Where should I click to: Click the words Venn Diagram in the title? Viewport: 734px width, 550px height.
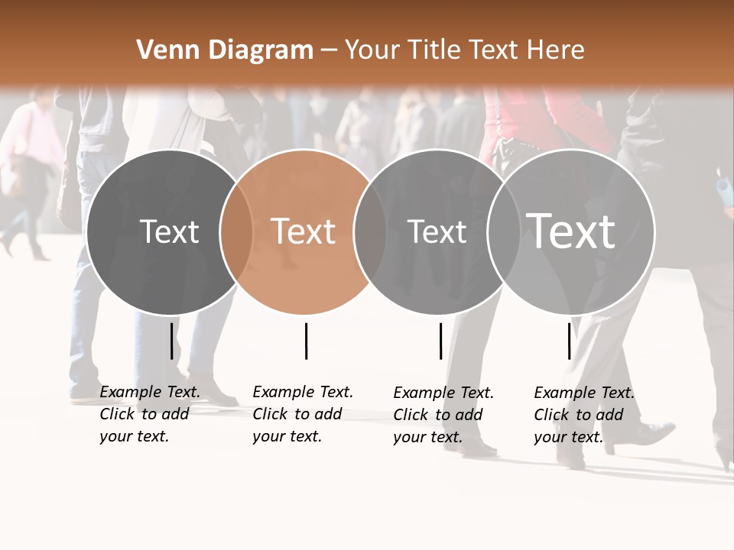(x=225, y=50)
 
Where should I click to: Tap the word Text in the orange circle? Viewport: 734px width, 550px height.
(x=304, y=231)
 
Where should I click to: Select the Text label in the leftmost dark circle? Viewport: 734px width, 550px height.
(x=170, y=231)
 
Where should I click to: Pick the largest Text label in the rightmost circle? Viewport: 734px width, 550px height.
(x=571, y=231)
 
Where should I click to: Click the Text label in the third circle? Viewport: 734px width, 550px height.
(x=437, y=231)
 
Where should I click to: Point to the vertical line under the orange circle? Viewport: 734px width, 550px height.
(x=306, y=341)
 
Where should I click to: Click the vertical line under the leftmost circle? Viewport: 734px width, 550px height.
(x=171, y=341)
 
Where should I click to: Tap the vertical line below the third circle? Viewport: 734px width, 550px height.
(x=440, y=341)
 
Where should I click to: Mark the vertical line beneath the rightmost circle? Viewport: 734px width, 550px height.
(x=569, y=341)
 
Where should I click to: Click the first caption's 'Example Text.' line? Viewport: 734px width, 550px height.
(x=150, y=392)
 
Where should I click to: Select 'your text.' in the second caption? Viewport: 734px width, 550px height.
(x=287, y=436)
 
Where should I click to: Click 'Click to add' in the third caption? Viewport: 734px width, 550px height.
(x=438, y=415)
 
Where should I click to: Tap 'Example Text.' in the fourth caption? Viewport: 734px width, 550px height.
(x=584, y=393)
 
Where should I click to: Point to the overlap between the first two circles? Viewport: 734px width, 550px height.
(x=236, y=231)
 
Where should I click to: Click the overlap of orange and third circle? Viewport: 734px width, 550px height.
(x=370, y=231)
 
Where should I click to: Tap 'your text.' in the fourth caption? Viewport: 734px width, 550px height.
(x=568, y=437)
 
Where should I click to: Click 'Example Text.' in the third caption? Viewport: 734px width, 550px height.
(x=443, y=393)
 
